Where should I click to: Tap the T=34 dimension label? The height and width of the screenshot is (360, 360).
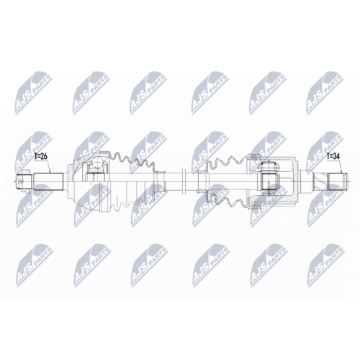click(x=333, y=156)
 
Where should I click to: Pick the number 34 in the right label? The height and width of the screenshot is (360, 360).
click(x=338, y=156)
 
